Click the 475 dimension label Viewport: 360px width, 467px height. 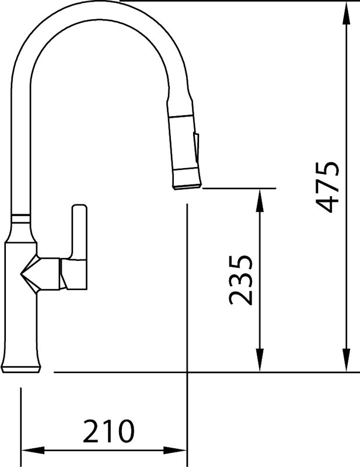tap(327, 187)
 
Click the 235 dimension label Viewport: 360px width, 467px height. tap(240, 280)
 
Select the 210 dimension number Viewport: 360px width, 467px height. tap(109, 431)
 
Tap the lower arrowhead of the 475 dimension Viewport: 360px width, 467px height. tap(347, 360)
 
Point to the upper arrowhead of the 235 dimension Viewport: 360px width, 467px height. tap(260, 200)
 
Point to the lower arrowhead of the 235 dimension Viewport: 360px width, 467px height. tap(260, 360)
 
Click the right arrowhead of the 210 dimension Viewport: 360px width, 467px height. tap(175, 450)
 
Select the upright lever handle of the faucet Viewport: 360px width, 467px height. tap(79, 232)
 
